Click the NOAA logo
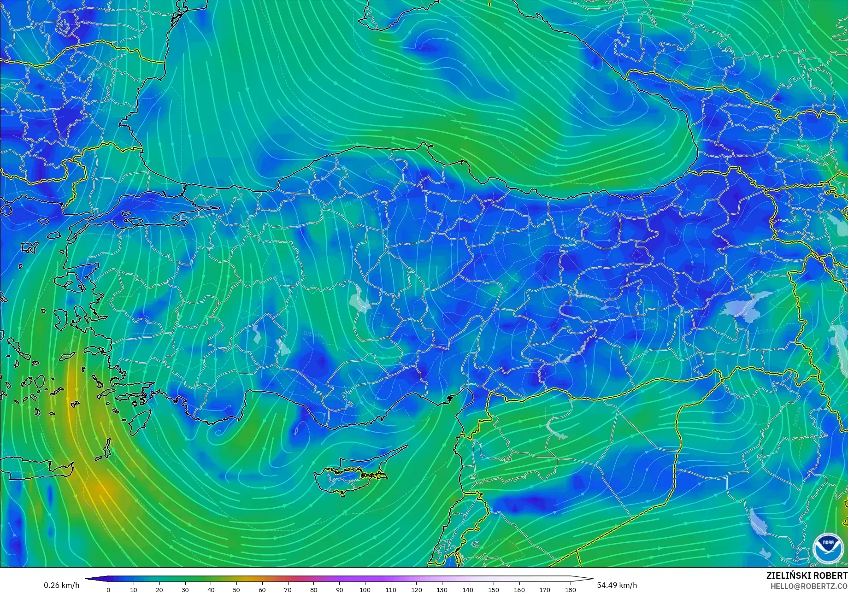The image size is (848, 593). [828, 548]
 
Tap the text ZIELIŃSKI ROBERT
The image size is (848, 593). [807, 576]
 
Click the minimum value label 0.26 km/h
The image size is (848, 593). [61, 586]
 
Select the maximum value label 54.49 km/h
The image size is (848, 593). [617, 586]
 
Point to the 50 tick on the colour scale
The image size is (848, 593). [236, 589]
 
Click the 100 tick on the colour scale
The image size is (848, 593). [365, 589]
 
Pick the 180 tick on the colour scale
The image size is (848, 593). [571, 589]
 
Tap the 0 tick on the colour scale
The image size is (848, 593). [108, 589]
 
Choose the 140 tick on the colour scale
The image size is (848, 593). [468, 589]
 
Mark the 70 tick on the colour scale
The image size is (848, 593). [288, 589]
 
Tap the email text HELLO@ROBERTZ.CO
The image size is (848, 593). [809, 586]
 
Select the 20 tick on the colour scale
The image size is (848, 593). [159, 589]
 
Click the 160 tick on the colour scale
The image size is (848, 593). [519, 589]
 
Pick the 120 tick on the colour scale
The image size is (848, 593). [416, 589]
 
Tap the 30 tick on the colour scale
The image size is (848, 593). [185, 589]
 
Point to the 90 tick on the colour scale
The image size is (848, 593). [339, 589]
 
